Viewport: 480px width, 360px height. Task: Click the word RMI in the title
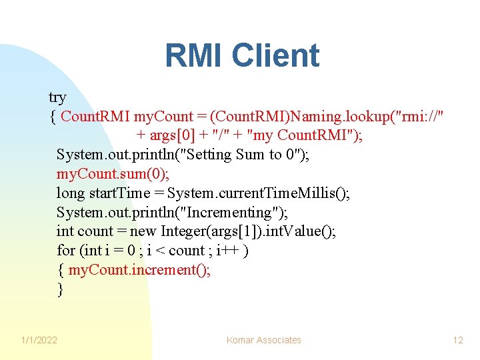(197, 56)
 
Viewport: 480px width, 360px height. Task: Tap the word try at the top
(57, 97)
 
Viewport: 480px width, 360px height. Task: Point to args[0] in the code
(168, 135)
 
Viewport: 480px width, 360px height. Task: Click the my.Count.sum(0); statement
(113, 174)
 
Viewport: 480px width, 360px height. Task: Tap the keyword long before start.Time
(70, 193)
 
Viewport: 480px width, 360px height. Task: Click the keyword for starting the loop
(66, 251)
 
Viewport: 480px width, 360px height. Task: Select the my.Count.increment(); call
(139, 271)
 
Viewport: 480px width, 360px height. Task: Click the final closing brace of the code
(61, 290)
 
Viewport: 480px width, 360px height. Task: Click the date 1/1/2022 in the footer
(39, 340)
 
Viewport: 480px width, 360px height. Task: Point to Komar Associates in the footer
(263, 340)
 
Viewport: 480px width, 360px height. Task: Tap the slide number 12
(458, 340)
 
